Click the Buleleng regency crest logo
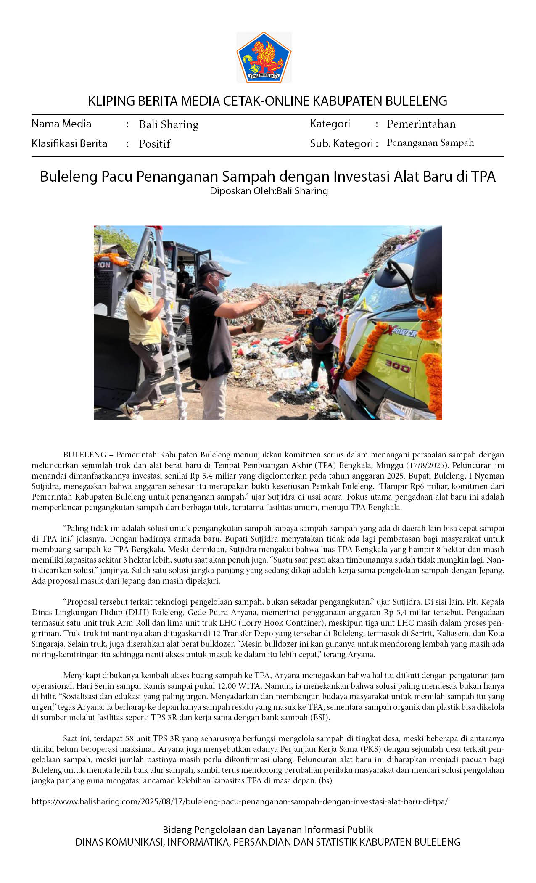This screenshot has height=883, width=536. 264,57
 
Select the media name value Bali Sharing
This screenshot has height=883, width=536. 169,124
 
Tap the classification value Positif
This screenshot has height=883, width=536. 155,144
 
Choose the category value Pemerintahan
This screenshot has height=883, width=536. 421,124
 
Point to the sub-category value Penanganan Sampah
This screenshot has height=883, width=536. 430,143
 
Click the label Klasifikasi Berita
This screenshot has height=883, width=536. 69,144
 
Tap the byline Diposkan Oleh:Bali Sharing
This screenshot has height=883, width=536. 269,191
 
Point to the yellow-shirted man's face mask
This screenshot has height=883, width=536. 146,287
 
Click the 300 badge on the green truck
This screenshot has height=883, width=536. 397,367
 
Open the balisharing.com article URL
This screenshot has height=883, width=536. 240,801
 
